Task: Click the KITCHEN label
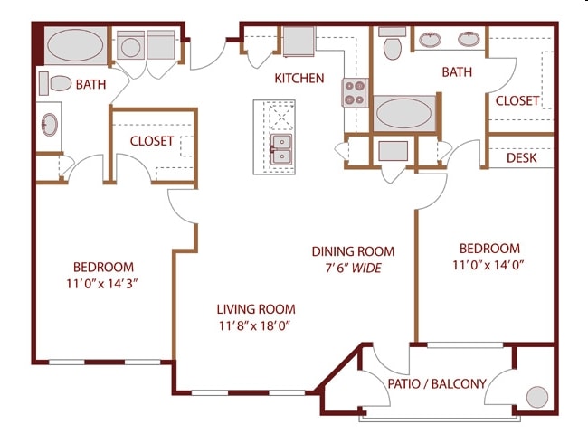299,79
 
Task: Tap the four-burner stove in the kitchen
354,93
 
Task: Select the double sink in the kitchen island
282,149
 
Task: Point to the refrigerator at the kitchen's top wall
298,42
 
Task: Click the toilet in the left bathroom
56,84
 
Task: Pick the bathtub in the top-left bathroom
75,45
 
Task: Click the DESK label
521,158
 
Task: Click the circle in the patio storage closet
536,397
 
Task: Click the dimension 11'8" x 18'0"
255,325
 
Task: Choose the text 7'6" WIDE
353,269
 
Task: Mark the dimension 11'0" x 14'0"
489,265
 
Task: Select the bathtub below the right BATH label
404,114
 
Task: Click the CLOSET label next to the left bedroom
151,141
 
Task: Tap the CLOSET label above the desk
517,100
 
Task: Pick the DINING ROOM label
353,251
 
